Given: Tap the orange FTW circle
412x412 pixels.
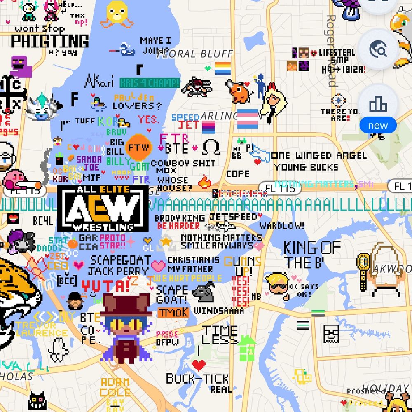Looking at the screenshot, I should (138, 147).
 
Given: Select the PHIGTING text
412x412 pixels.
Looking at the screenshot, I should (49, 41).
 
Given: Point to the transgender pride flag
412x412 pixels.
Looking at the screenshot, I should (248, 119).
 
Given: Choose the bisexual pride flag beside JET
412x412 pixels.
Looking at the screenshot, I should (208, 127).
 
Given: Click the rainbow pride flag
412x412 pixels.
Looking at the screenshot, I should (223, 68).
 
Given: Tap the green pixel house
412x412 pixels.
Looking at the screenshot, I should (246, 349).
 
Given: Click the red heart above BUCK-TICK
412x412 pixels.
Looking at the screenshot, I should (199, 365).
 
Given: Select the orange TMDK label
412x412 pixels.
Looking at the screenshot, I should (173, 312).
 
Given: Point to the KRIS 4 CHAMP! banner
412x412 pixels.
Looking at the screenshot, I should (150, 83).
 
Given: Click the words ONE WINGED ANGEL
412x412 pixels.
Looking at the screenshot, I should (318, 156).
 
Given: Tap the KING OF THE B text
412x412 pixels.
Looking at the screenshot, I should (311, 254).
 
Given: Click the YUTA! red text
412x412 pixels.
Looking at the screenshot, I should (105, 285).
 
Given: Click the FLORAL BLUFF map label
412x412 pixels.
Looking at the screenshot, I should (195, 54).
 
